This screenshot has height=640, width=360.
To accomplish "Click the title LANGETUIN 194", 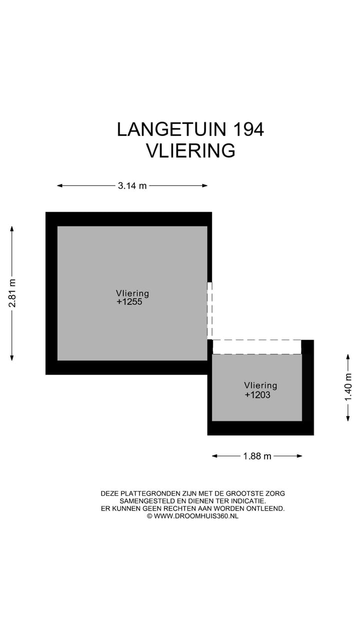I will pos(190,129).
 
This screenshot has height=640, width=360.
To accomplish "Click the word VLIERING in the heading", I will pos(190,150).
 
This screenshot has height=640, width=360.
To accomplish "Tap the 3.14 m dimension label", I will pos(132,186).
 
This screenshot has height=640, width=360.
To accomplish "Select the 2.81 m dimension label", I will pos(12,293).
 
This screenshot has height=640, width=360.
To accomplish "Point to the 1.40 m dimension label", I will pos(348,387).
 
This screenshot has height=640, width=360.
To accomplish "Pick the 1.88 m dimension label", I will pos(257,456).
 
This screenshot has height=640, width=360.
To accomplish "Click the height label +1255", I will pos(129,302).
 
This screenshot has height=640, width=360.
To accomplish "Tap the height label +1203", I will pos(257,395).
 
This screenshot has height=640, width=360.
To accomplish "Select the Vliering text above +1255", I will pos(132,293).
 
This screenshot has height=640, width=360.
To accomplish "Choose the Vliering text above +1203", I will pos(260,385).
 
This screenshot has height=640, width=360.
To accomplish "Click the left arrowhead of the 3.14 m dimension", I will pos(59,186).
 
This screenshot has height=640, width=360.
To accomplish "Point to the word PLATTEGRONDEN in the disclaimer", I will pos(144,493).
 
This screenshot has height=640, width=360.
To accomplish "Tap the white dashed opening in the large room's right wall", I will pos(209,310).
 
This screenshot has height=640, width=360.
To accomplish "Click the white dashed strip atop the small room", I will pos(257,346).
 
